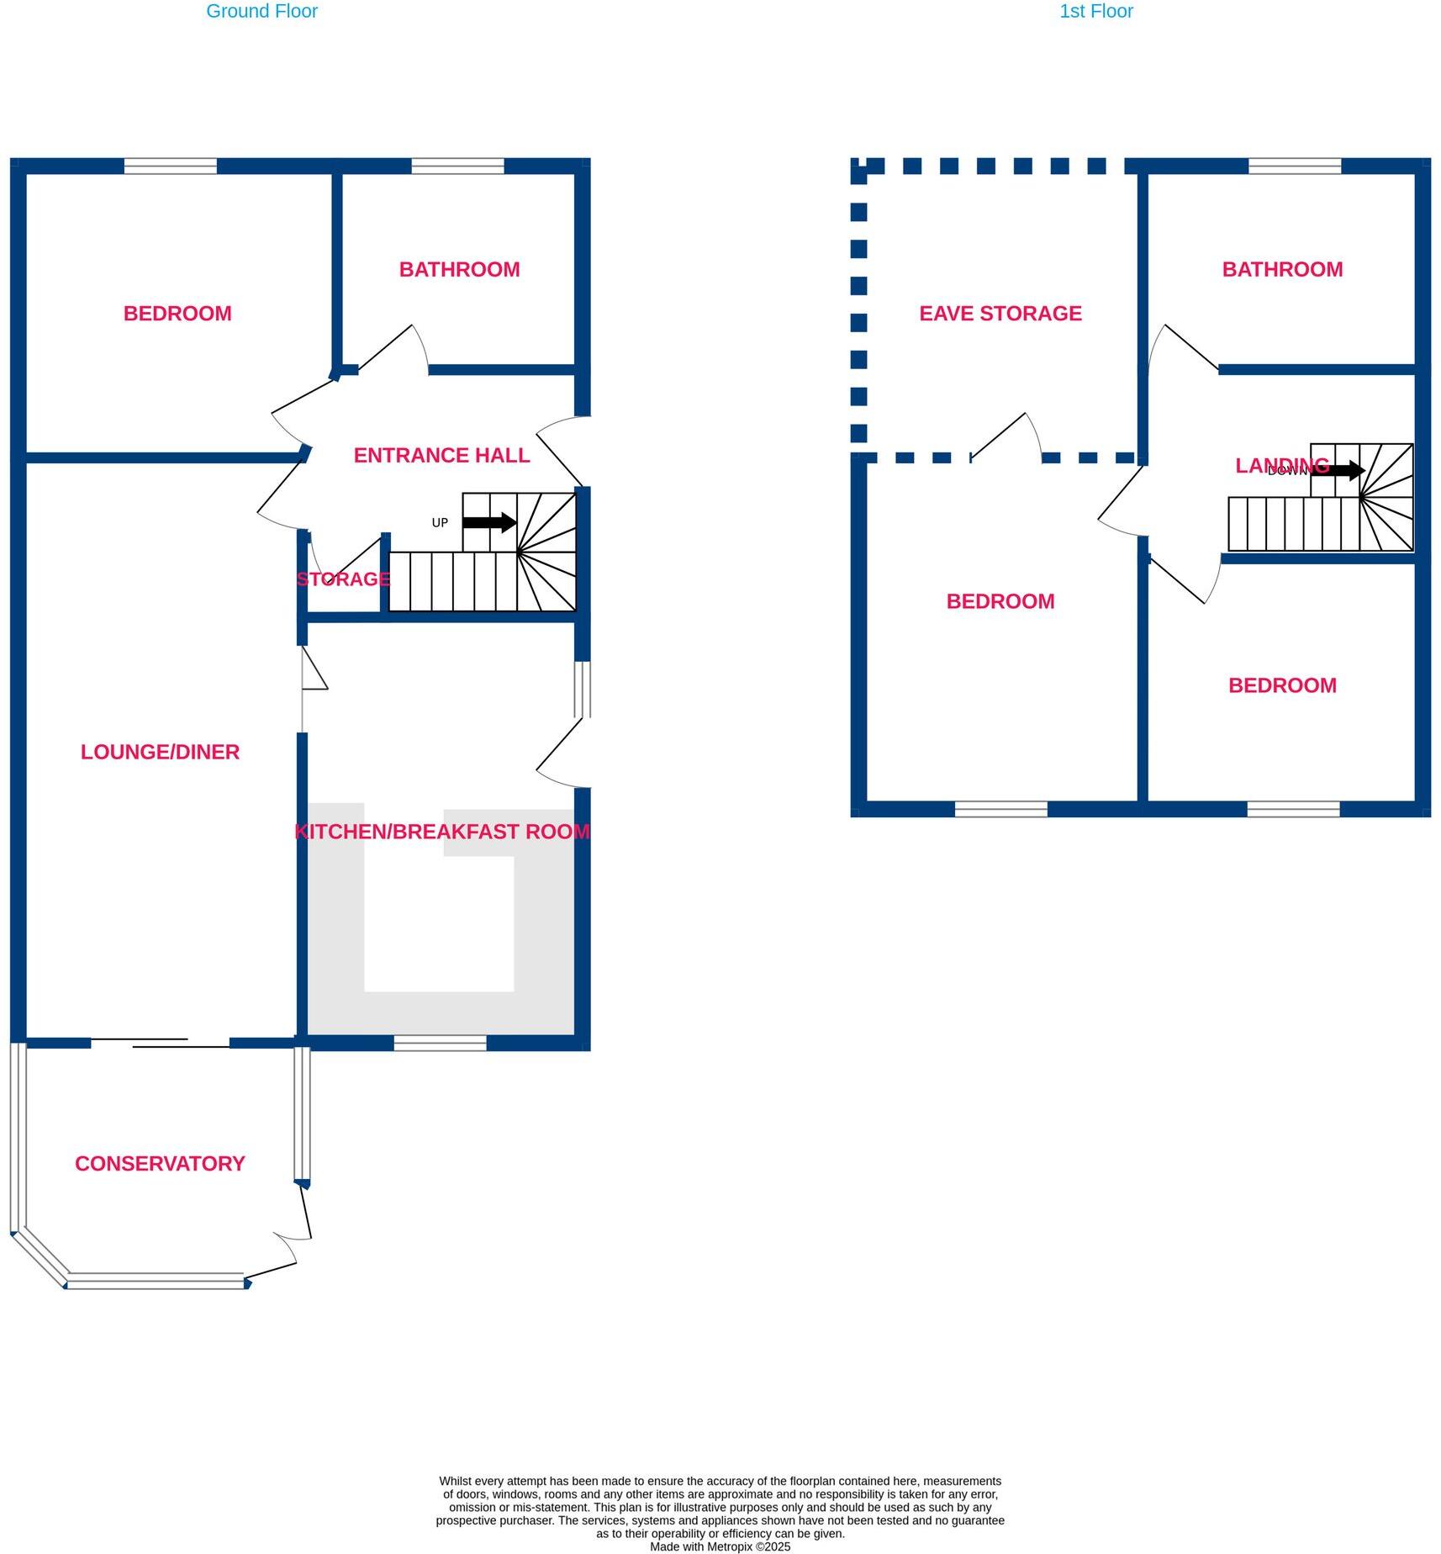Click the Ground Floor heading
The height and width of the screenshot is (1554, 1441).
click(261, 12)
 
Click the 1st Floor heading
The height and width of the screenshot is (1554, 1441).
click(1095, 12)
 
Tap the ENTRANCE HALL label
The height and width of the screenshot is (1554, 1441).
click(441, 456)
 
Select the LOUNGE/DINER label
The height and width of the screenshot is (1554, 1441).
click(160, 752)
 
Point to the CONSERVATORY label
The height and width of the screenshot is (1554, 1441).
click(160, 1164)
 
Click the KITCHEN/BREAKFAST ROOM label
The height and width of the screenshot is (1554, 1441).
click(442, 832)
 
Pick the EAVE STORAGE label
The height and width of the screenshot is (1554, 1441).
click(1000, 314)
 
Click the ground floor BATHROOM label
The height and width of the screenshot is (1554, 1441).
click(459, 270)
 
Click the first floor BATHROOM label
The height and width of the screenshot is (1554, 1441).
click(1282, 270)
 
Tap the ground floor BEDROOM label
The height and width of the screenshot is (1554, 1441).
click(177, 314)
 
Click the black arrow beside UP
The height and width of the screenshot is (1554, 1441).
click(489, 522)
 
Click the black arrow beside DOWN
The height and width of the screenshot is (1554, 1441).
click(1338, 470)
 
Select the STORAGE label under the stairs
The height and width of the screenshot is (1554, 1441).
click(343, 579)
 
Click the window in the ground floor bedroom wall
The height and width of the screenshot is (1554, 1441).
click(171, 166)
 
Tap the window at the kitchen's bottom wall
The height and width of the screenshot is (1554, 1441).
click(440, 1044)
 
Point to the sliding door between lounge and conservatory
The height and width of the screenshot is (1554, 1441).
click(160, 1044)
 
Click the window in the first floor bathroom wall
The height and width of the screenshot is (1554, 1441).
click(1295, 166)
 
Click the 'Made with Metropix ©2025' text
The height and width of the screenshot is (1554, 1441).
click(720, 1546)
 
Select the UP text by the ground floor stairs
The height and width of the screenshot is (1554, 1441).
click(440, 523)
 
